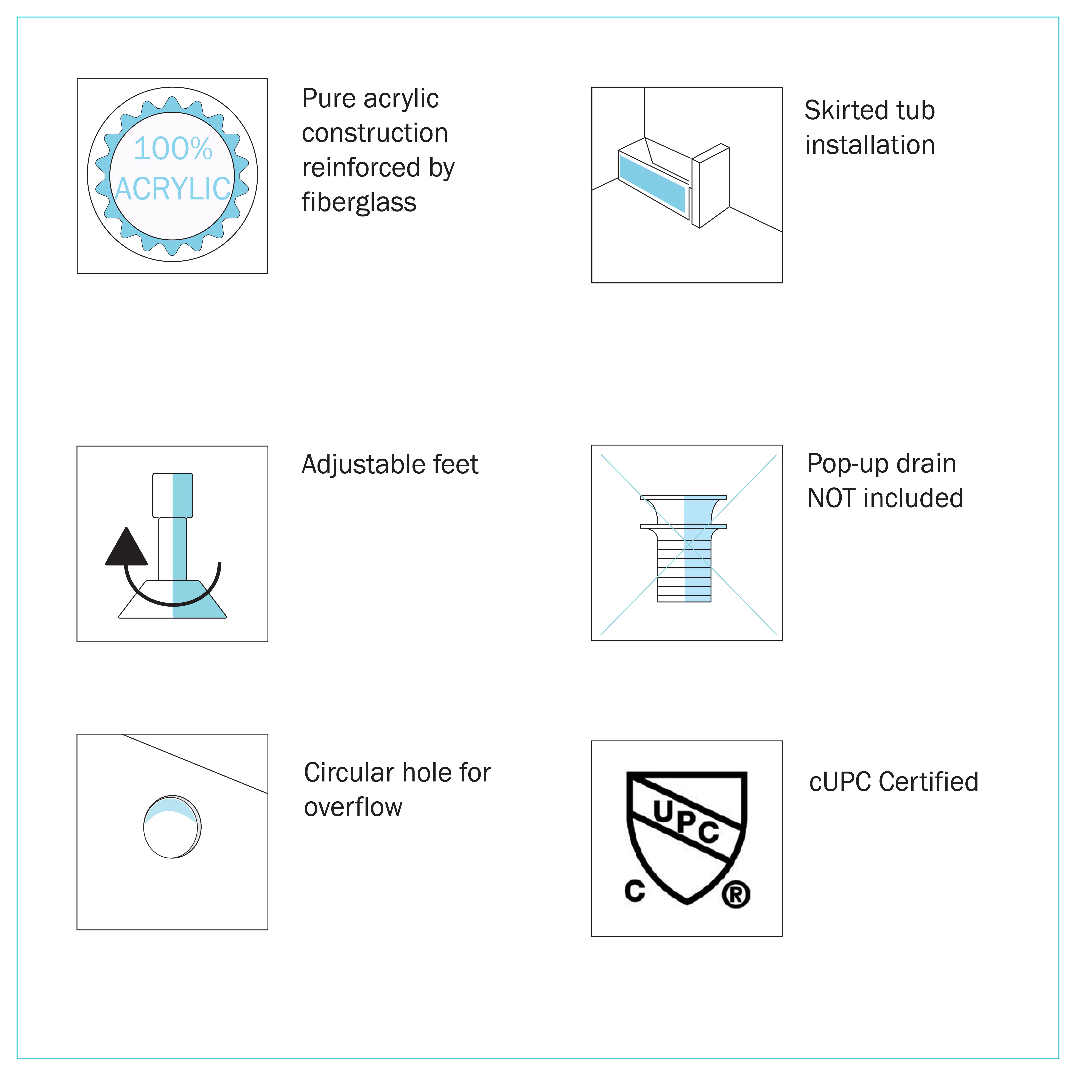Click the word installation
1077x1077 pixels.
pos(870,145)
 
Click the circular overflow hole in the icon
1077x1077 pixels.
pos(172,827)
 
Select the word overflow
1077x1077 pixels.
pos(353,807)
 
